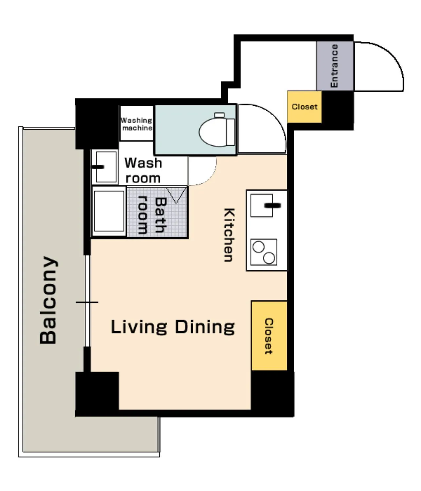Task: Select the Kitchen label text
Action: [229, 235]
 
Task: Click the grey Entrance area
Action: [335, 66]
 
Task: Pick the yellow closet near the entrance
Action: [304, 107]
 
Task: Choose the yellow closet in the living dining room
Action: [269, 335]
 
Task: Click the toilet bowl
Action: [213, 133]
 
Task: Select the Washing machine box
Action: [137, 123]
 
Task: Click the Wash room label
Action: [143, 170]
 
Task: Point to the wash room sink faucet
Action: [98, 167]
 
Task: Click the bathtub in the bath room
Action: [109, 211]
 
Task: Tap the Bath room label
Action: [153, 215]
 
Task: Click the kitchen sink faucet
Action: [273, 205]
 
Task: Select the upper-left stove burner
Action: [259, 247]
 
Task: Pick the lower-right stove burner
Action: [269, 258]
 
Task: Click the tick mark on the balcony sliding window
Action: [87, 302]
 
